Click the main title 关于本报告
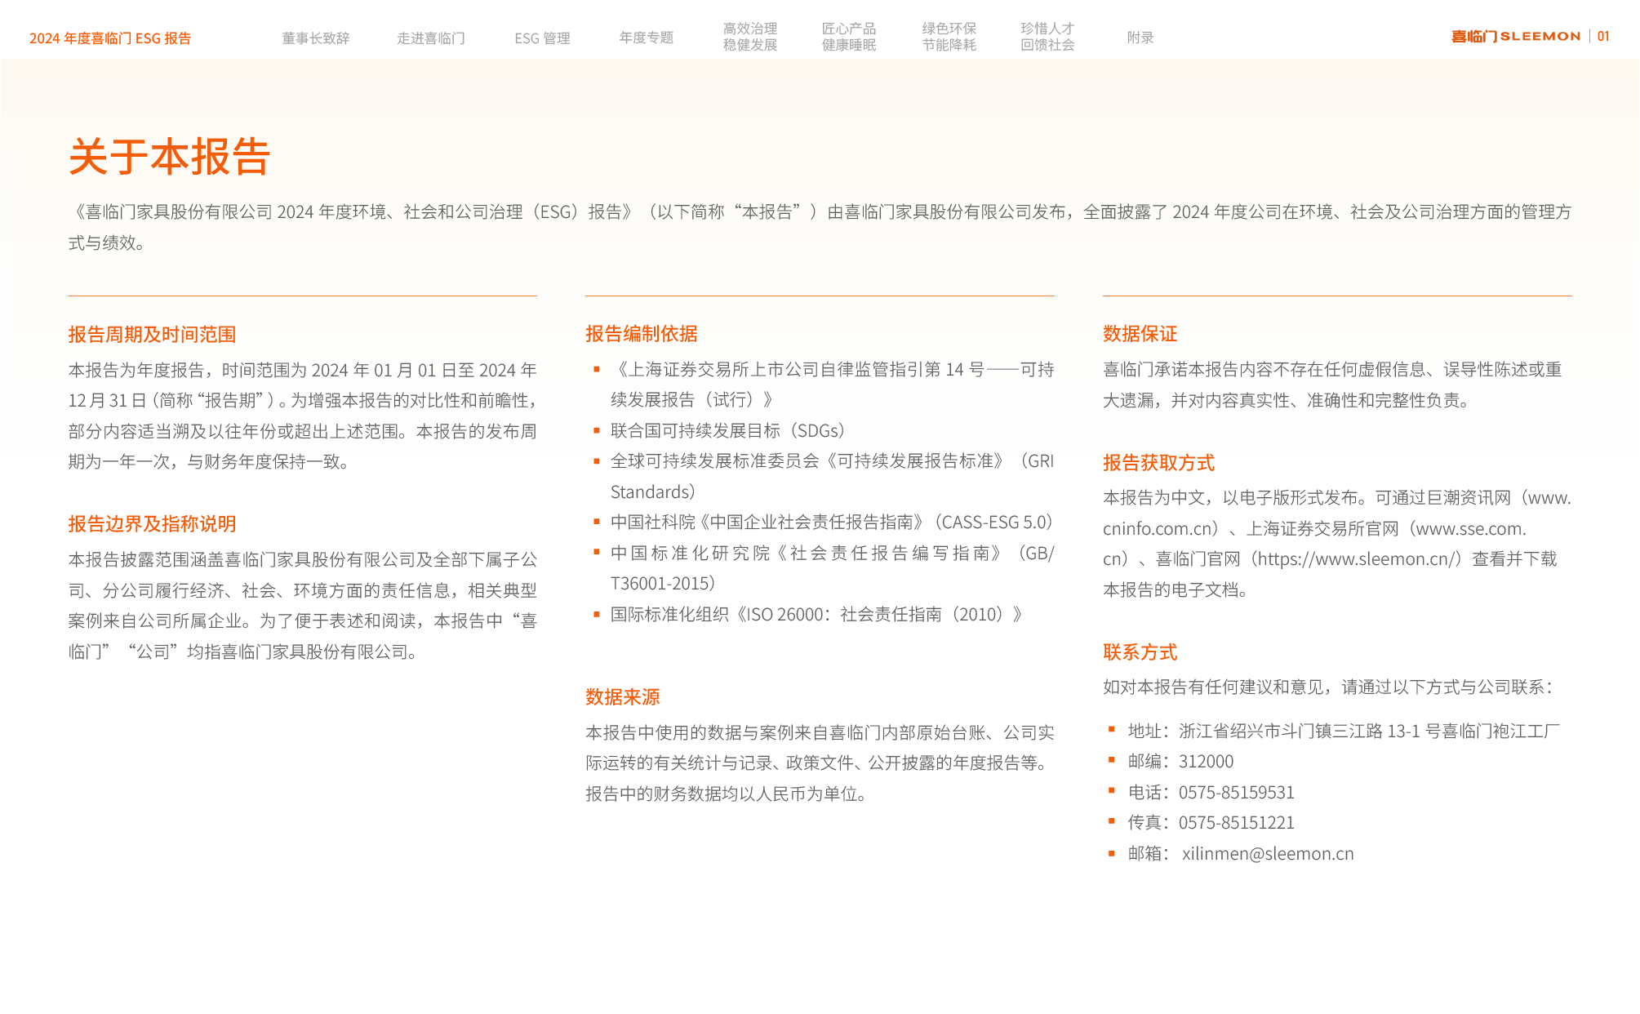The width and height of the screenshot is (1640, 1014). coord(169,157)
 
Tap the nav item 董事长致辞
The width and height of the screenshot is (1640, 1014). coord(315,38)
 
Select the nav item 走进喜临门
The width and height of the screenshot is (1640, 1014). coord(431,38)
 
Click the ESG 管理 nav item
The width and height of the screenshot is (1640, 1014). coord(542,38)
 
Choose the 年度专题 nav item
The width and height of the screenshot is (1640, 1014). coord(646,38)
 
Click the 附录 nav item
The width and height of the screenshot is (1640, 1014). coord(1140,38)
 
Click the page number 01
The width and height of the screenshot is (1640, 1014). coord(1603,36)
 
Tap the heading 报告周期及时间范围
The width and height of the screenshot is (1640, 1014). coord(152,334)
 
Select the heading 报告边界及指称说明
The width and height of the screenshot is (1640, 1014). coord(152,523)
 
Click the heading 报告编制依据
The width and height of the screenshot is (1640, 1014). coord(641,333)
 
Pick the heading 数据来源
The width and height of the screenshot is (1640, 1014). coord(622,696)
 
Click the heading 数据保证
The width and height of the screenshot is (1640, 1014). coord(1140,333)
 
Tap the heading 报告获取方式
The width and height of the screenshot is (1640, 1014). coord(1158,462)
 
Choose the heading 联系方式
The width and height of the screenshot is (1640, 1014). coord(1140,652)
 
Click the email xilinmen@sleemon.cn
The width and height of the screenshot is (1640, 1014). coord(1268,853)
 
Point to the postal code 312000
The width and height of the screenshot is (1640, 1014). coord(1206,761)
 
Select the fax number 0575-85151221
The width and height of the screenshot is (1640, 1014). coord(1236,822)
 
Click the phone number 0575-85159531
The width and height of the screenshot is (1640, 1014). coord(1236,792)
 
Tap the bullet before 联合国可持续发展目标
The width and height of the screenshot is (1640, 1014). coord(597,430)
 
